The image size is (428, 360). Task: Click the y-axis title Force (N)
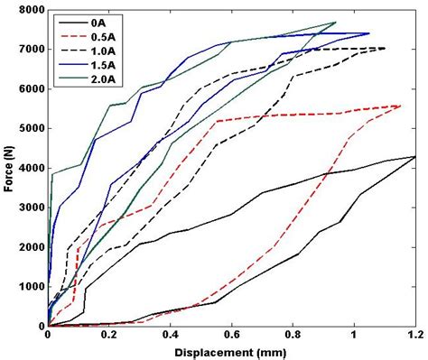click(8, 168)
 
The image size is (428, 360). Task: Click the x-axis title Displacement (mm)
click(231, 352)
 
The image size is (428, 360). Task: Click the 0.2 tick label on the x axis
click(109, 336)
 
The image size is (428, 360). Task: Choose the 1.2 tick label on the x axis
click(414, 336)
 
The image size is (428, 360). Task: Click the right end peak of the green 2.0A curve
click(335, 23)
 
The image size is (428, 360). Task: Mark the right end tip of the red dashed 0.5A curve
click(400, 106)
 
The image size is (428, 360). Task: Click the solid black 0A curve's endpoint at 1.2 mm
click(414, 157)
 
